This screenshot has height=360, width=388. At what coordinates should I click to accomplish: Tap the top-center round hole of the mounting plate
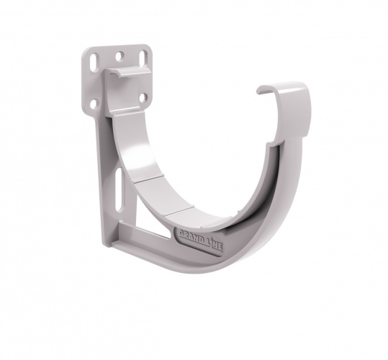point(119,54)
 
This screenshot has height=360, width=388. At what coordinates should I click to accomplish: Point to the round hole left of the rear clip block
point(94,103)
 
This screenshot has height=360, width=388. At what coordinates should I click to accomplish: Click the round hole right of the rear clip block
point(143,96)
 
